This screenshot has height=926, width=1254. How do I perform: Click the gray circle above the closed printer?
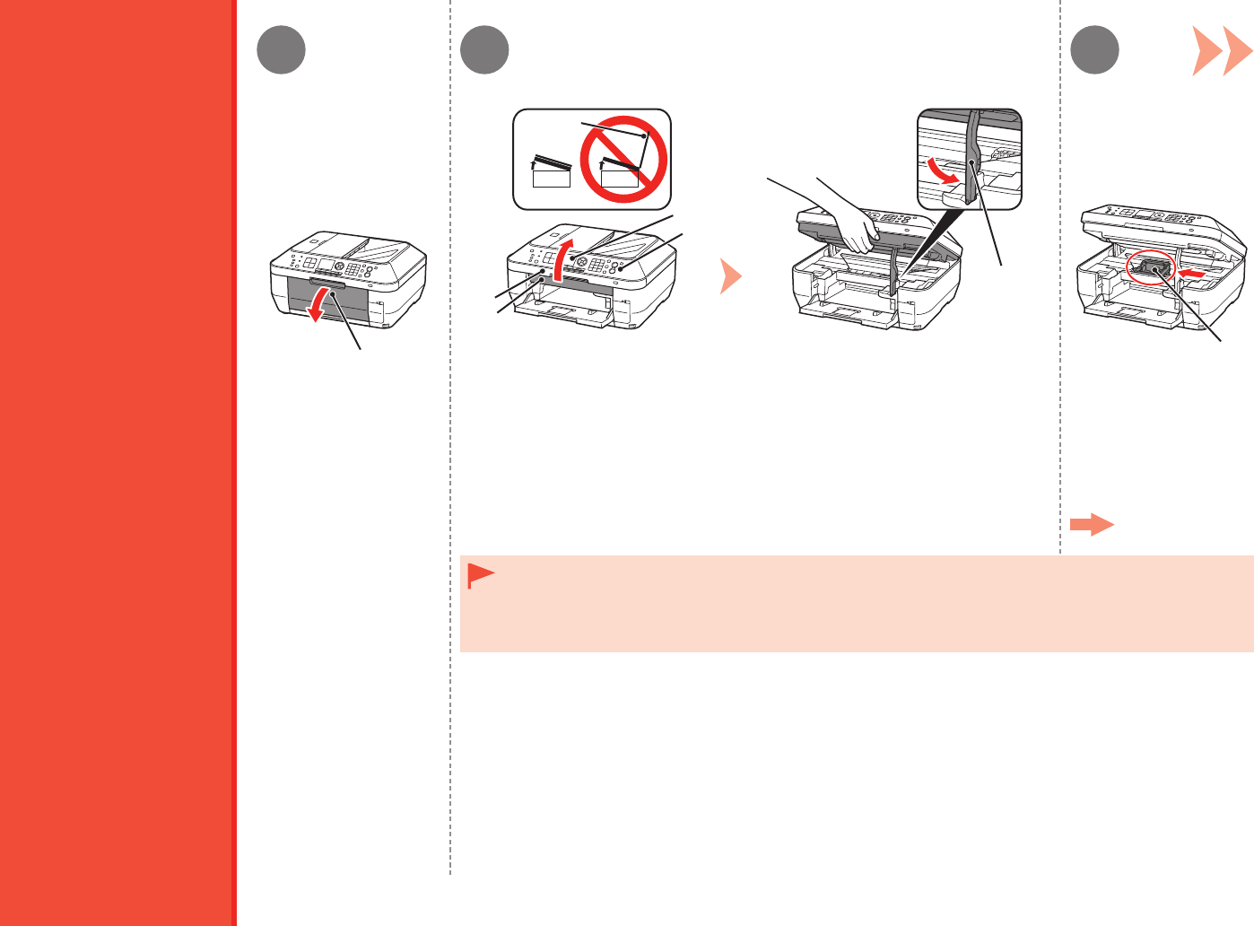[281, 49]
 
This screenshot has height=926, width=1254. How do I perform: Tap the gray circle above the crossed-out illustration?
[484, 49]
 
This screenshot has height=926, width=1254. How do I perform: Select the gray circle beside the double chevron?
[1095, 49]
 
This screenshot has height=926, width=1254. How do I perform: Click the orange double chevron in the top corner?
[1222, 51]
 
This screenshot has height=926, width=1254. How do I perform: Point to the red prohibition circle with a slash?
[623, 160]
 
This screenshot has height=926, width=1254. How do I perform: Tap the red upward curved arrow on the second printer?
[562, 260]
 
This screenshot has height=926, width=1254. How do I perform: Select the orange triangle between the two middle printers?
[730, 276]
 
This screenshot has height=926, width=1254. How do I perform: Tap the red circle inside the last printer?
[1150, 268]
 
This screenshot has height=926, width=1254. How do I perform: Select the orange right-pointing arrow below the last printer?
[1092, 525]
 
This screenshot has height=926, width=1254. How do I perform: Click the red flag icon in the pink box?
[480, 576]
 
